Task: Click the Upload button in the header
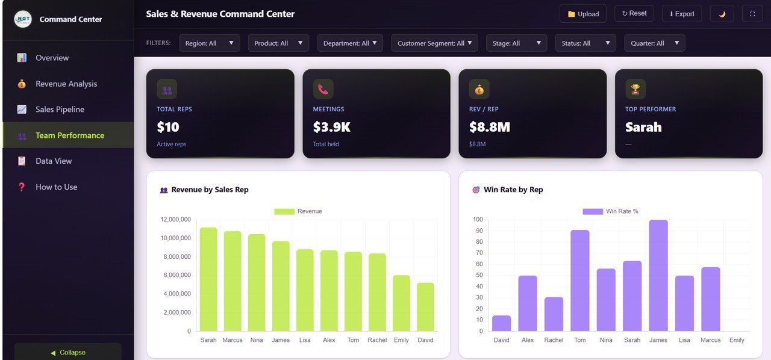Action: (x=583, y=14)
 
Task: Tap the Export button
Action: (x=682, y=14)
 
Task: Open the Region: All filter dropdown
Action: (x=209, y=43)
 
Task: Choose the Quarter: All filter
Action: (x=654, y=43)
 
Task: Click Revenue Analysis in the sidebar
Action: (x=66, y=84)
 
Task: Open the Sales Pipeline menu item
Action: (x=60, y=110)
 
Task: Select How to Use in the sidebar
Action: (x=56, y=187)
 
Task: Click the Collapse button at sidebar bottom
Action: (x=67, y=352)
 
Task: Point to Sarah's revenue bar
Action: (x=208, y=280)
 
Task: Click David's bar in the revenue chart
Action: (x=425, y=307)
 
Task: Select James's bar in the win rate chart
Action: (x=658, y=276)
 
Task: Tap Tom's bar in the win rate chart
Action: (x=580, y=281)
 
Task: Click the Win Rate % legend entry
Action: (x=610, y=211)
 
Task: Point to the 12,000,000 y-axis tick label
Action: (x=175, y=220)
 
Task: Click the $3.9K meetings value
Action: (x=331, y=127)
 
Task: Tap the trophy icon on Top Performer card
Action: (x=635, y=89)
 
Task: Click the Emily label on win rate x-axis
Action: (x=737, y=340)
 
